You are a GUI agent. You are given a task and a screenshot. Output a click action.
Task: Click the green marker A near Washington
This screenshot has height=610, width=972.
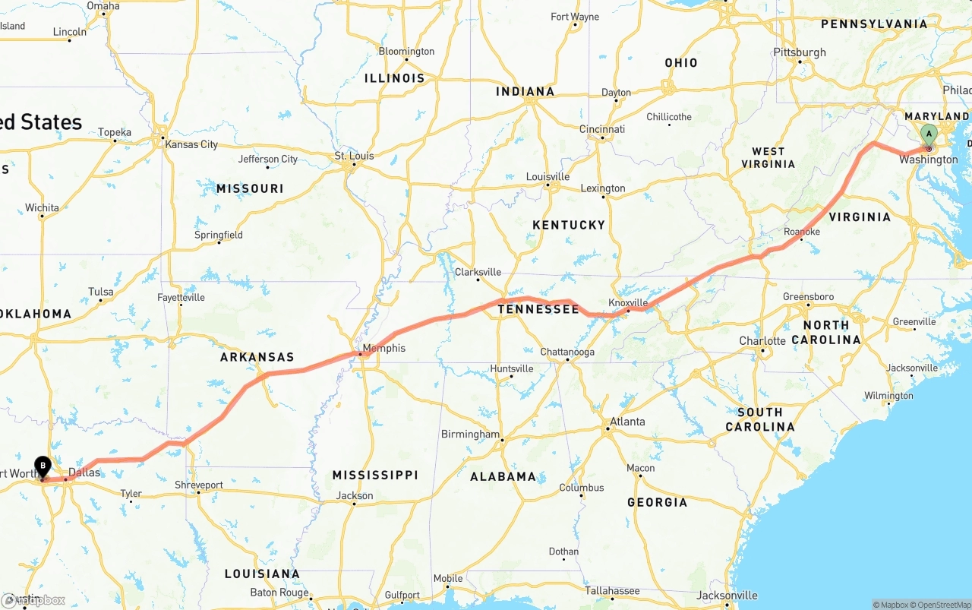point(928,135)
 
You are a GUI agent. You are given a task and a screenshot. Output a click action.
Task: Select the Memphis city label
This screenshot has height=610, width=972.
point(384,349)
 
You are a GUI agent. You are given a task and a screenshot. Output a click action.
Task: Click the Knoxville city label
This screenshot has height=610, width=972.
point(628,302)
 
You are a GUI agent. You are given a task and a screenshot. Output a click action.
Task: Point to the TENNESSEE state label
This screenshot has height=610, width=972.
point(538,309)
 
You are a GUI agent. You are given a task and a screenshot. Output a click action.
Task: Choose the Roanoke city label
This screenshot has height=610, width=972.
point(802,232)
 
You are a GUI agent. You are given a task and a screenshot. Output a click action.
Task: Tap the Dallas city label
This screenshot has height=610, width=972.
point(84,473)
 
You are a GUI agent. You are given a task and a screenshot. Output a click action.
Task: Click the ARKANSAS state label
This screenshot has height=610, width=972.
point(257,357)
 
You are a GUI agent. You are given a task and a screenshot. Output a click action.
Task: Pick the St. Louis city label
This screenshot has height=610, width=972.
point(355,156)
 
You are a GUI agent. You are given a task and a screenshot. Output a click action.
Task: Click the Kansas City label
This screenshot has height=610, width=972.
point(191,144)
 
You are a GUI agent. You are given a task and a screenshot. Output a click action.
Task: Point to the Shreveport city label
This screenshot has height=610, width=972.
point(199,485)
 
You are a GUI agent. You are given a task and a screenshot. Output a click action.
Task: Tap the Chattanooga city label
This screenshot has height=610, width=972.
point(567,352)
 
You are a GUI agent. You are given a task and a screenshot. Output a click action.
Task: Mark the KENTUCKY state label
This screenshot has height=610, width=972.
point(569,225)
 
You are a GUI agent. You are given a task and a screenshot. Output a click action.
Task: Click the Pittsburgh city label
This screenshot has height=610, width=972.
point(800,52)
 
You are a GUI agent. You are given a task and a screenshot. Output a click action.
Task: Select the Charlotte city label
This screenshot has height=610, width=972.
point(762,341)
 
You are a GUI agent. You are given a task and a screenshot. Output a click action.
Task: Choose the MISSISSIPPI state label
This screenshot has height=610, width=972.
point(375,475)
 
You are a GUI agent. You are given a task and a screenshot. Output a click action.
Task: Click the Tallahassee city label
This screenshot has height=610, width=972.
point(612,590)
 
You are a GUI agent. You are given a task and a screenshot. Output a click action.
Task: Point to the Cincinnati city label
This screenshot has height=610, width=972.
point(602,129)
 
